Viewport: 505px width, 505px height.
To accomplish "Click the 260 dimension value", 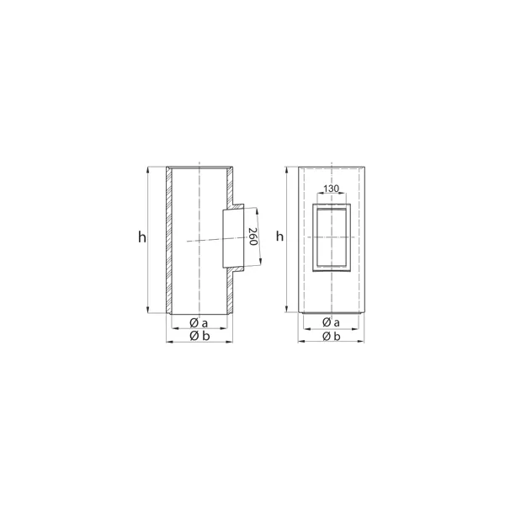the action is (252, 237).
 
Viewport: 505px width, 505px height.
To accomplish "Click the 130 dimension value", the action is (332, 189).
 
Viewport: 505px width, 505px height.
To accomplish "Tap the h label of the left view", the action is (142, 237).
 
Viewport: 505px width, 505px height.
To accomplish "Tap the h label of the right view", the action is (279, 237).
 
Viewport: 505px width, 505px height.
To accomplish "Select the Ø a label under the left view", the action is (199, 322).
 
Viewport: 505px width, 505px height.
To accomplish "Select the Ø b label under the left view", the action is (199, 336).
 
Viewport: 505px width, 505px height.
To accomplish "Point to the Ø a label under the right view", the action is (331, 322).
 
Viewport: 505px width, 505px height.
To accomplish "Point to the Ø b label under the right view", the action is (332, 337).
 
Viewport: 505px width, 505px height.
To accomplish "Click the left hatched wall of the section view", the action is (169, 240).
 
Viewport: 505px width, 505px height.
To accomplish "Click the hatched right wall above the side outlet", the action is (230, 187).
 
